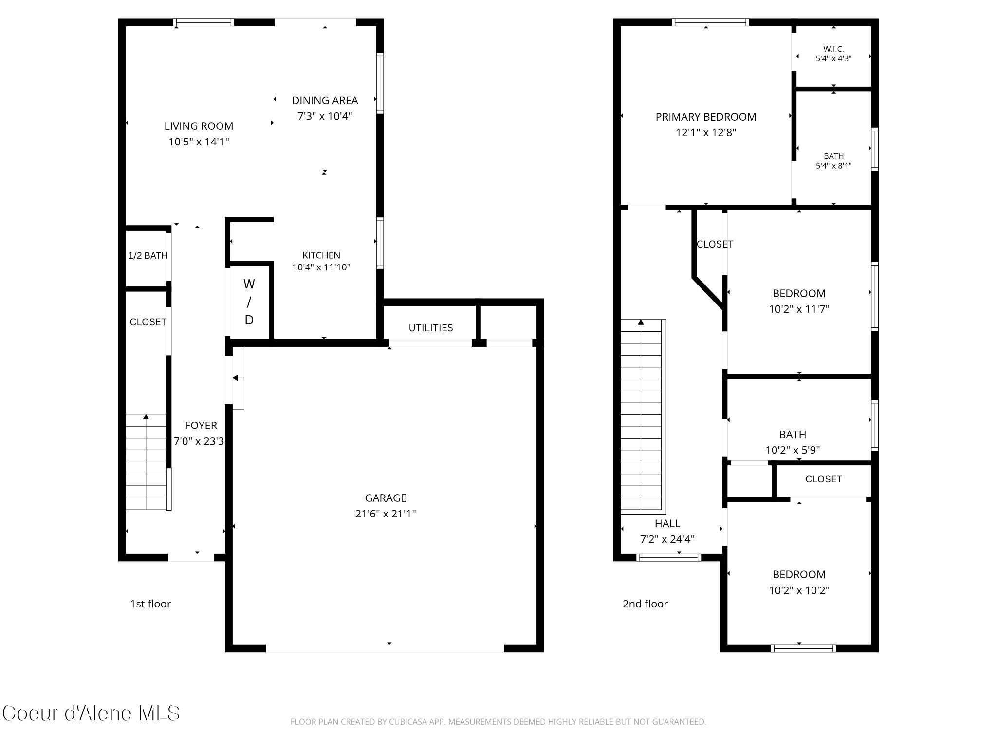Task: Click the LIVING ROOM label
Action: pyautogui.click(x=199, y=126)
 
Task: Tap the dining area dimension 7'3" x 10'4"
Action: pyautogui.click(x=325, y=116)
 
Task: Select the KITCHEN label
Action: pyautogui.click(x=321, y=255)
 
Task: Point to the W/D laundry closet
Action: pyautogui.click(x=249, y=302)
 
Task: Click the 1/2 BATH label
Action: pyautogui.click(x=148, y=256)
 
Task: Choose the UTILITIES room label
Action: pyautogui.click(x=431, y=328)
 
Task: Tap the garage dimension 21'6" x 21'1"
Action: pyautogui.click(x=386, y=514)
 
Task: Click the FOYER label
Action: pyautogui.click(x=201, y=426)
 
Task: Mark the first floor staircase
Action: pyautogui.click(x=147, y=462)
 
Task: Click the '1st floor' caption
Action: pyautogui.click(x=150, y=604)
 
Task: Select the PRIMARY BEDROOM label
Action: pyautogui.click(x=706, y=117)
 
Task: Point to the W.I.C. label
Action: pyautogui.click(x=834, y=49)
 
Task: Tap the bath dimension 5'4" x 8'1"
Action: pyautogui.click(x=834, y=166)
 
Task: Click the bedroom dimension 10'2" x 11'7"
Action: pyautogui.click(x=799, y=309)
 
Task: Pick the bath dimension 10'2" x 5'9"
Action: pyautogui.click(x=793, y=450)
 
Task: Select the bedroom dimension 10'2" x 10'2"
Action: pyautogui.click(x=799, y=590)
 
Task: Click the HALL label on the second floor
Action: pyautogui.click(x=667, y=524)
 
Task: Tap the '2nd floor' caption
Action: pyautogui.click(x=645, y=604)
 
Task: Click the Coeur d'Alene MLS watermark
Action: pyautogui.click(x=91, y=713)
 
